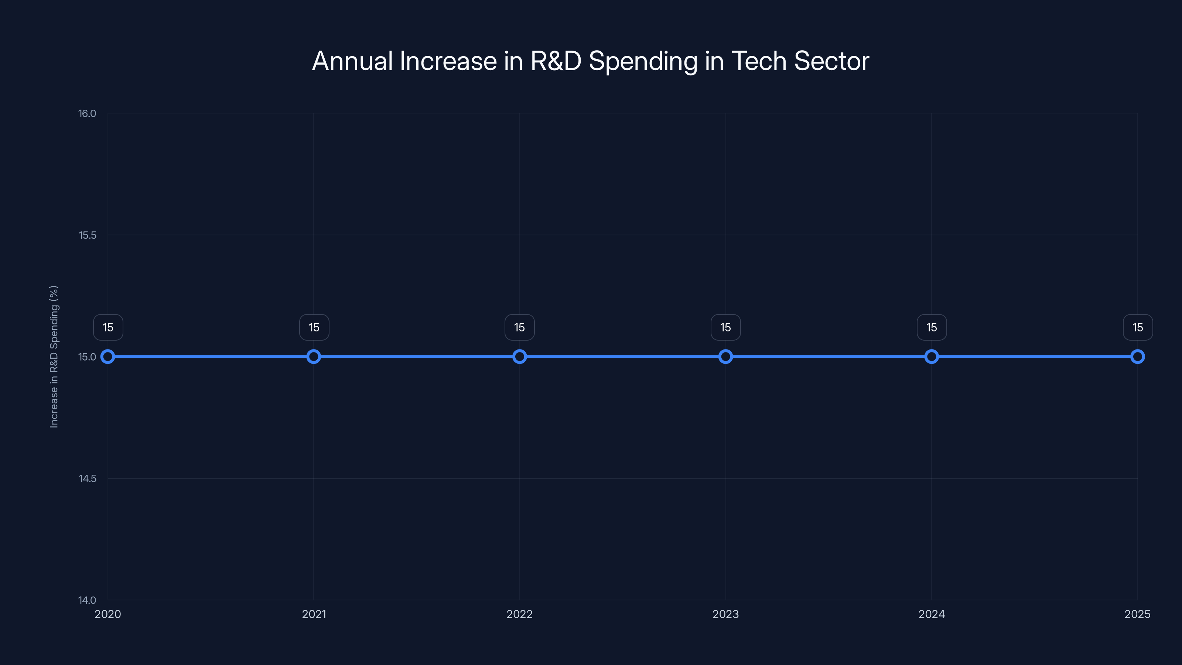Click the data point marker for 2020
[x=108, y=357]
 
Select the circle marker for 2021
[x=313, y=357]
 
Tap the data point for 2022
[x=519, y=357]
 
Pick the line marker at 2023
[x=725, y=357]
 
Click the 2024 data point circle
[x=932, y=357]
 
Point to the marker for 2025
[x=1138, y=357]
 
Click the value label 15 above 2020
[x=108, y=327]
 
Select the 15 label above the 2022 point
[x=519, y=327]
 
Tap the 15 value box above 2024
[x=932, y=327]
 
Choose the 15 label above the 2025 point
[x=1138, y=327]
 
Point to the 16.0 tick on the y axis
[x=87, y=113]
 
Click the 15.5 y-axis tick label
[x=88, y=235]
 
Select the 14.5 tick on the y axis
[x=88, y=478]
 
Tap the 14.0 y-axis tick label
[x=87, y=600]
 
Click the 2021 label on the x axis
[x=314, y=614]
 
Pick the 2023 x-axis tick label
[x=725, y=614]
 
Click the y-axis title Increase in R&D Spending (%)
[x=54, y=357]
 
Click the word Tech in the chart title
[x=758, y=61]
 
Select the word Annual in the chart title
[x=352, y=61]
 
